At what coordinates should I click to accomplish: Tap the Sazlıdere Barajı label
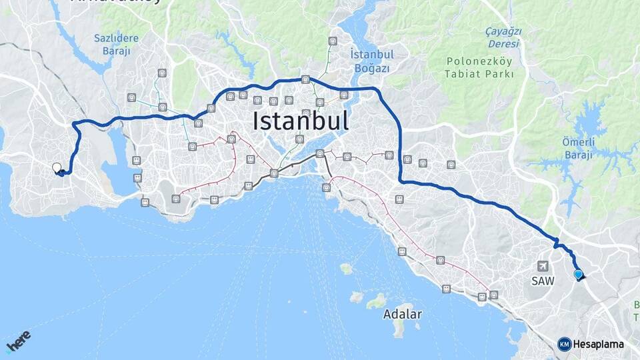coord(116,44)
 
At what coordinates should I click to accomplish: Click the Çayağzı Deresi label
coord(504,37)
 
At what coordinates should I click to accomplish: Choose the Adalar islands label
coord(403,314)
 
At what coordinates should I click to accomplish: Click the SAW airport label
coord(543,281)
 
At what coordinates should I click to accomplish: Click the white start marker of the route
coord(57,167)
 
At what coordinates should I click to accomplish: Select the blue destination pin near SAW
coord(578,273)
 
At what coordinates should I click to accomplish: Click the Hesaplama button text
coord(599,344)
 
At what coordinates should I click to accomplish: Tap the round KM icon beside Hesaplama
coord(564,344)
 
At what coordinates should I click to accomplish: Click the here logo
coord(18,341)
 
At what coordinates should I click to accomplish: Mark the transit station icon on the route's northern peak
coord(305,79)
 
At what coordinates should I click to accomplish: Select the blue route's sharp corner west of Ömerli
coord(401,181)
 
